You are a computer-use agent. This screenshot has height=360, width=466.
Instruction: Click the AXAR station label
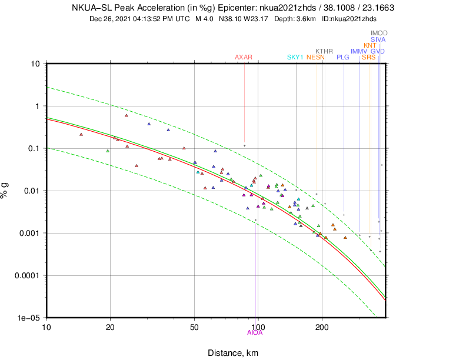244,57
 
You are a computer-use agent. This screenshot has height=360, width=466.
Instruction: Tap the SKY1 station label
295,57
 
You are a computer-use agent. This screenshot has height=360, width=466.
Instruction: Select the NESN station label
315,57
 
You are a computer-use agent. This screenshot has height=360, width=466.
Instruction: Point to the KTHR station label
324,51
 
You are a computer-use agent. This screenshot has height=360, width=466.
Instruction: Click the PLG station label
343,57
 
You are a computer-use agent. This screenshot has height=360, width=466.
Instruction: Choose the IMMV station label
359,51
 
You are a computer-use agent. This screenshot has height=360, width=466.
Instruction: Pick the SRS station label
368,57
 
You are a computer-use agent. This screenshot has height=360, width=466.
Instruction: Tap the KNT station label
370,45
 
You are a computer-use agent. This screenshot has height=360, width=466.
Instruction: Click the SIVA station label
378,39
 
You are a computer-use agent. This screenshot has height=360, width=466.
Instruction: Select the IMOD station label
379,34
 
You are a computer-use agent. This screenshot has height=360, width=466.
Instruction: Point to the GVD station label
378,51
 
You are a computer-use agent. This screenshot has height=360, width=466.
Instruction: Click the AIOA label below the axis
255,333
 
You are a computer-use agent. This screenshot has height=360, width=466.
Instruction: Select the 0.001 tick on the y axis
29,233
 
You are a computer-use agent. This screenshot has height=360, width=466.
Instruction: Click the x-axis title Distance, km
232,352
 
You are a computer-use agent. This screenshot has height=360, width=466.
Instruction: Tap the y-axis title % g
6,190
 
